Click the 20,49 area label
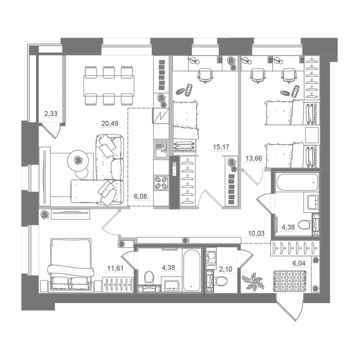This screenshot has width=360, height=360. click(x=110, y=124)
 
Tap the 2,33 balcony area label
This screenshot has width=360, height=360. click(x=51, y=113)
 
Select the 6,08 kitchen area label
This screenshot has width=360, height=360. click(x=140, y=197)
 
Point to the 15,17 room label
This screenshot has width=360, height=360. click(x=221, y=147)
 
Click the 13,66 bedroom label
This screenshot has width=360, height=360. click(x=254, y=158)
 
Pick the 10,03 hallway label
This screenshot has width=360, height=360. click(x=256, y=233)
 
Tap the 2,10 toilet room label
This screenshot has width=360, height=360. click(x=226, y=269)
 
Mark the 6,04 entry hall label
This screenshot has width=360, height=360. click(x=299, y=263)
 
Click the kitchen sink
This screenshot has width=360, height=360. click(x=161, y=149)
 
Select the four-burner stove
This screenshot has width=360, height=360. click(x=161, y=183)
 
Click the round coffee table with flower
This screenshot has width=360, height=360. click(x=78, y=160)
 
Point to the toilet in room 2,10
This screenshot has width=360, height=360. click(x=221, y=280)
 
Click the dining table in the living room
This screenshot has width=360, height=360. click(x=109, y=86)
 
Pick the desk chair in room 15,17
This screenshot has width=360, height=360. click(x=205, y=76)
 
